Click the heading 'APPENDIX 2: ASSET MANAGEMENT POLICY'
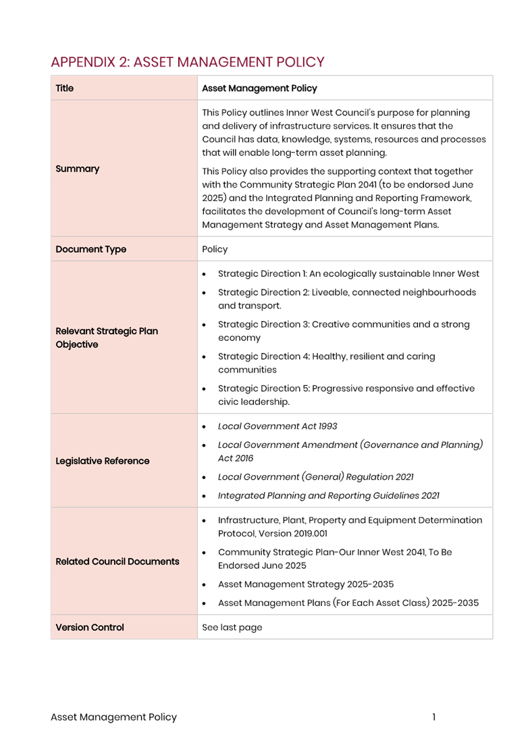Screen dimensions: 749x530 click(188, 62)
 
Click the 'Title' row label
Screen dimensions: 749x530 click(65, 88)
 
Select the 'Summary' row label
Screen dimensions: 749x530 click(78, 169)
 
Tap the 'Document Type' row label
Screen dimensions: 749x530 click(91, 249)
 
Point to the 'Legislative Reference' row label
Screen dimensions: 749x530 click(103, 461)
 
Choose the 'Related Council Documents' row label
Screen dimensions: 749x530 click(117, 561)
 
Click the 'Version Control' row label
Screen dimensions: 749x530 click(90, 628)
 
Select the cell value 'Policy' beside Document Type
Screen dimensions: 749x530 click(215, 249)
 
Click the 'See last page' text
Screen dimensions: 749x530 click(232, 628)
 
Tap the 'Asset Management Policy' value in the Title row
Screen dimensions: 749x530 click(259, 88)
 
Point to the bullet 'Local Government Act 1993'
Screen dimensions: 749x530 click(277, 426)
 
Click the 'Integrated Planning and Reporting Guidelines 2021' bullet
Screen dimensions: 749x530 click(328, 496)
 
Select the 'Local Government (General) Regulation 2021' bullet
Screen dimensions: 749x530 click(315, 477)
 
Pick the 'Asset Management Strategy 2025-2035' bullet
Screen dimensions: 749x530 click(306, 584)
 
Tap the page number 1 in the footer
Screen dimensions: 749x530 click(434, 717)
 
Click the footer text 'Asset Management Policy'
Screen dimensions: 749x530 click(113, 717)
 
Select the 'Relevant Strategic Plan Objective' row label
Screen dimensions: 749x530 click(107, 338)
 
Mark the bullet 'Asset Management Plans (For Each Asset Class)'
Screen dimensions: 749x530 click(348, 603)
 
